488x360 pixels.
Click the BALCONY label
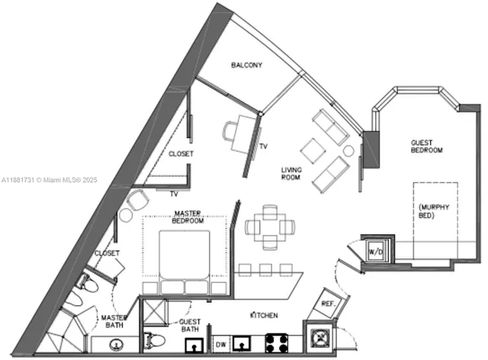[x=246, y=66]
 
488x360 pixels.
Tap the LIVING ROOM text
[x=291, y=173]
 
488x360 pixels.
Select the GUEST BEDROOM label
[x=427, y=146]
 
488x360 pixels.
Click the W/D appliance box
[x=374, y=251]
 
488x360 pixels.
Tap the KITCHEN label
[x=262, y=315]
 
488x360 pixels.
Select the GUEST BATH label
[x=190, y=326]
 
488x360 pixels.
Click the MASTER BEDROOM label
[x=188, y=217]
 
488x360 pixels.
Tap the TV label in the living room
[x=263, y=146]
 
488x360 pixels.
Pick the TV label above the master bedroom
[x=175, y=194]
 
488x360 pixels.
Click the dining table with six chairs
[x=270, y=227]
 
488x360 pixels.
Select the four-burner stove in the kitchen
[x=276, y=342]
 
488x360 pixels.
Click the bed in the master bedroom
[x=184, y=256]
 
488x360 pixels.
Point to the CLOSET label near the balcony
[x=181, y=153]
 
